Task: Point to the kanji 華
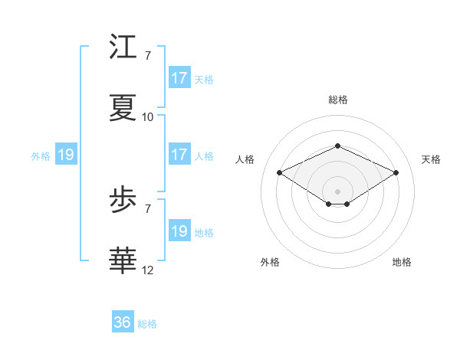[124, 260]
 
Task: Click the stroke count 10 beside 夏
[148, 117]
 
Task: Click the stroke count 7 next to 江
[148, 56]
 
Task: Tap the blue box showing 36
[123, 323]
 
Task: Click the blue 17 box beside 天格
[179, 78]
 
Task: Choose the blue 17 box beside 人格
[179, 155]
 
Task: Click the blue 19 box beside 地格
[179, 231]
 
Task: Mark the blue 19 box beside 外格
[66, 155]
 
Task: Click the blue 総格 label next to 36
[147, 324]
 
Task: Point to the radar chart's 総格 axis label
[338, 100]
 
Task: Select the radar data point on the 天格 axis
[396, 172]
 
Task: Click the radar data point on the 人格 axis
[280, 172]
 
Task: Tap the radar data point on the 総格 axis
[337, 146]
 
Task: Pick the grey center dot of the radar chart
[337, 191]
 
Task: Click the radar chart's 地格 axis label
[402, 262]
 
